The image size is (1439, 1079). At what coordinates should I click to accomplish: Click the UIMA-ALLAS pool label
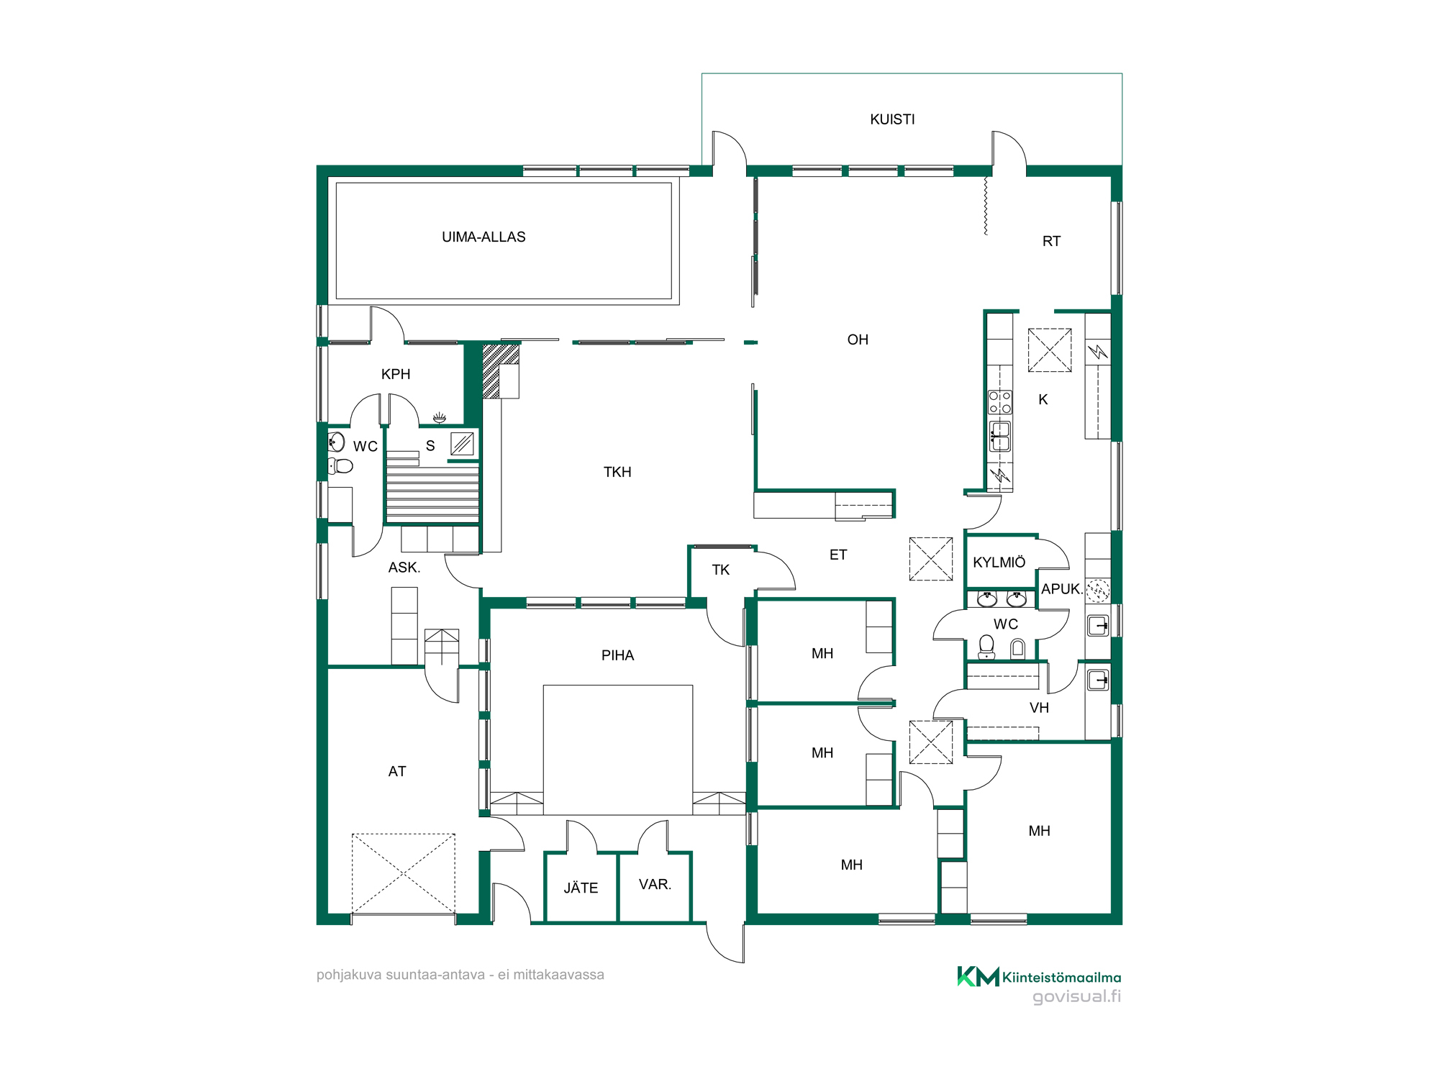[484, 237]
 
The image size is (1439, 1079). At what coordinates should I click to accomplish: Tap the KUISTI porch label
[892, 119]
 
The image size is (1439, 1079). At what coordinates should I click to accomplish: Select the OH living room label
[858, 340]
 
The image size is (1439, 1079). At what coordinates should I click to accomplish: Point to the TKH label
[617, 472]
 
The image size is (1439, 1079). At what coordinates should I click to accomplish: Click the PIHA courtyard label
[617, 655]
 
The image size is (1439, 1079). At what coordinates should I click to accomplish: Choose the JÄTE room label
[581, 888]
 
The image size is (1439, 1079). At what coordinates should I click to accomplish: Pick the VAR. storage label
[655, 884]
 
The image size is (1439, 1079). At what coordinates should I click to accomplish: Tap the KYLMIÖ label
[999, 562]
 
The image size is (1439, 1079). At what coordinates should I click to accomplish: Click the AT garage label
[397, 771]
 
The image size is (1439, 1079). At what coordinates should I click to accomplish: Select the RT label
[1051, 241]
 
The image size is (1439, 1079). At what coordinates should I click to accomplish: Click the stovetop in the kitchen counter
[1000, 402]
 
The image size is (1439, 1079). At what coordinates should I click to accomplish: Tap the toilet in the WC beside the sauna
[341, 466]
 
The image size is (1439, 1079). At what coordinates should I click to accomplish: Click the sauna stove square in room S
[462, 444]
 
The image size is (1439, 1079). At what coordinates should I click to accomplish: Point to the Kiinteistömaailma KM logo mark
[978, 976]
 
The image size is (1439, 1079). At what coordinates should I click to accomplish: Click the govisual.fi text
[1076, 996]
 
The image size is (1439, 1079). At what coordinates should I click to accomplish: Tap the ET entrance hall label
[838, 555]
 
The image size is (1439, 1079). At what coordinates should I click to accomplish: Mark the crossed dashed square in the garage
[404, 874]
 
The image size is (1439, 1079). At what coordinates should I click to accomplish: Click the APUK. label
[1061, 588]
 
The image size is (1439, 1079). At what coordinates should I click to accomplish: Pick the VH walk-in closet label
[1039, 708]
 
